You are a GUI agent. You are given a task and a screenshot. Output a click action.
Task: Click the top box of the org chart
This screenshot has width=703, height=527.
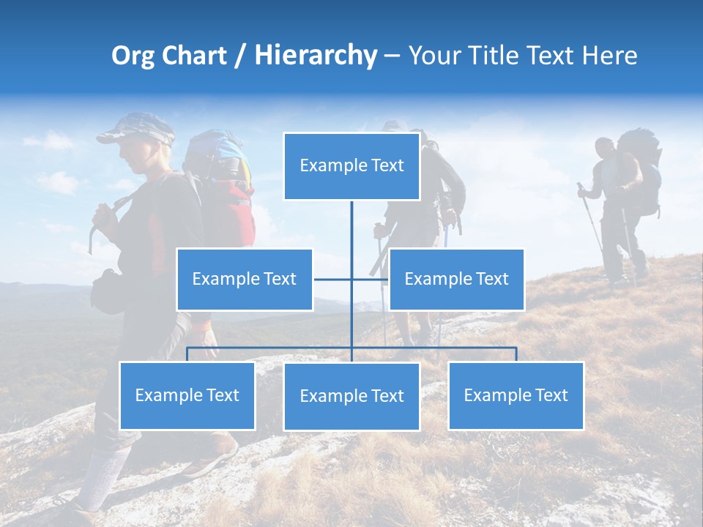tap(351, 166)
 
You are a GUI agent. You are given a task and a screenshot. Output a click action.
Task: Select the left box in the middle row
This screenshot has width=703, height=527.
tap(245, 279)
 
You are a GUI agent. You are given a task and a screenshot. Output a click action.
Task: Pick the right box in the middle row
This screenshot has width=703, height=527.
tap(456, 279)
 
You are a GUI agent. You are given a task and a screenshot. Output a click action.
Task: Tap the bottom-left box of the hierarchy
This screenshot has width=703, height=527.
tap(187, 395)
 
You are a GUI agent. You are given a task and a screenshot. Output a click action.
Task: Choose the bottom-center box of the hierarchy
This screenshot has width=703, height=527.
tap(351, 396)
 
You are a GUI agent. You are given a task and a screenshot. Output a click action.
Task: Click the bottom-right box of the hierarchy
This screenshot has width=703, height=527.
tap(516, 395)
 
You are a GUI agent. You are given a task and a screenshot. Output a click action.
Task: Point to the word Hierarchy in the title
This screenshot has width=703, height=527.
tap(316, 56)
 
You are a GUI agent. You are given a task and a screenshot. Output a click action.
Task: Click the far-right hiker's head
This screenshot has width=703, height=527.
tap(605, 147)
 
